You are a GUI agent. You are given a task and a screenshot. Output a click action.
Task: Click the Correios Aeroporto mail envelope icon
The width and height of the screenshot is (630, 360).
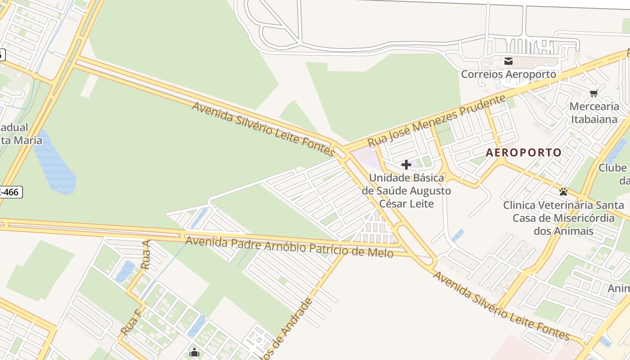508,61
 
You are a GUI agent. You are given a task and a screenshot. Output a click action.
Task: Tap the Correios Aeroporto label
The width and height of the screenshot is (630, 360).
508,74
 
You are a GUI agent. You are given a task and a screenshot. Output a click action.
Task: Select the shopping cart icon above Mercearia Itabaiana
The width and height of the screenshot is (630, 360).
594,94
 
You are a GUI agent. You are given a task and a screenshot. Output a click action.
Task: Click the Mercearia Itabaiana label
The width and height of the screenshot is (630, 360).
594,113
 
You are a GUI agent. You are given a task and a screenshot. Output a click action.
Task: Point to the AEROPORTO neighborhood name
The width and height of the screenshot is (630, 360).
524,153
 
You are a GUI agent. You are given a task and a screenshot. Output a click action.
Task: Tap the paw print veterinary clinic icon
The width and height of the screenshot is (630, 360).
563,192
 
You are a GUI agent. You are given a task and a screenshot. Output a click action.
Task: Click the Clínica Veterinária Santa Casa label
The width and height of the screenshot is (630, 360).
563,218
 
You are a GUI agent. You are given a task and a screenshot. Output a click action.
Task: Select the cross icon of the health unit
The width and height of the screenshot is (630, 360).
406,165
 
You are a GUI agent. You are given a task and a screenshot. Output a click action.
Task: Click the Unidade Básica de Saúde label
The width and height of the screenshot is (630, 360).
406,191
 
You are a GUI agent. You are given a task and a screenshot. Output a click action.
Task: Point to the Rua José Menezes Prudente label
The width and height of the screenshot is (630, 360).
436,121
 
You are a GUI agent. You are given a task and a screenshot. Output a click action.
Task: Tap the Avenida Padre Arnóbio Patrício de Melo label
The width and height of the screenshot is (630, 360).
289,247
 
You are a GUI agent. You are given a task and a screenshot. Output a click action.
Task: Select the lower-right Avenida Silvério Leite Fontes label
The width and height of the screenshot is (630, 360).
502,306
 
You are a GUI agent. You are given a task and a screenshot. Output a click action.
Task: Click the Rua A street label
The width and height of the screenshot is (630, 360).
145,255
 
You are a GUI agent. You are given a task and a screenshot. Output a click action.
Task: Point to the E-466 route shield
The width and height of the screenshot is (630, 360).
10,193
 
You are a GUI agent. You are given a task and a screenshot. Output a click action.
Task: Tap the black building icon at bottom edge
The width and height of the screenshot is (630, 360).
194,353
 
